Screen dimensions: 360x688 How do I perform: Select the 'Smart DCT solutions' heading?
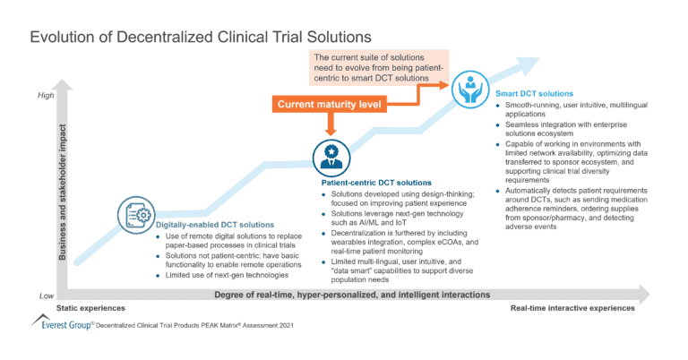(x=537, y=93)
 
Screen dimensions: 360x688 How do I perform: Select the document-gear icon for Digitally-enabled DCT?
(x=135, y=215)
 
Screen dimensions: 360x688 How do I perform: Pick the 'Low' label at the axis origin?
(x=47, y=295)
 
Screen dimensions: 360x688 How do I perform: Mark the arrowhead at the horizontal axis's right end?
(x=641, y=293)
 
